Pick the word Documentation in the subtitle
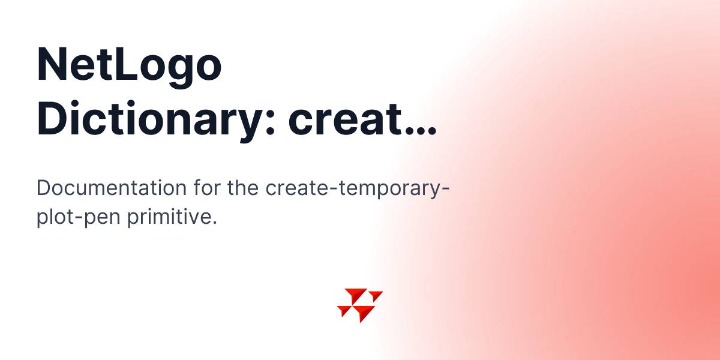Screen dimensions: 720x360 112,188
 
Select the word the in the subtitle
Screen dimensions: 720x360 242,187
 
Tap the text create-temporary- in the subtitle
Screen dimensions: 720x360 357,189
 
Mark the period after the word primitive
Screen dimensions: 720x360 214,223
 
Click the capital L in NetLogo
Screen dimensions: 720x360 124,64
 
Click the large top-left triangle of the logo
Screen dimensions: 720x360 355,295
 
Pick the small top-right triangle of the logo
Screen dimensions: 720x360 376,295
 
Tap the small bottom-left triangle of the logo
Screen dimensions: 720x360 344,310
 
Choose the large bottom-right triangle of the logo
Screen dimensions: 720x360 363,312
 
